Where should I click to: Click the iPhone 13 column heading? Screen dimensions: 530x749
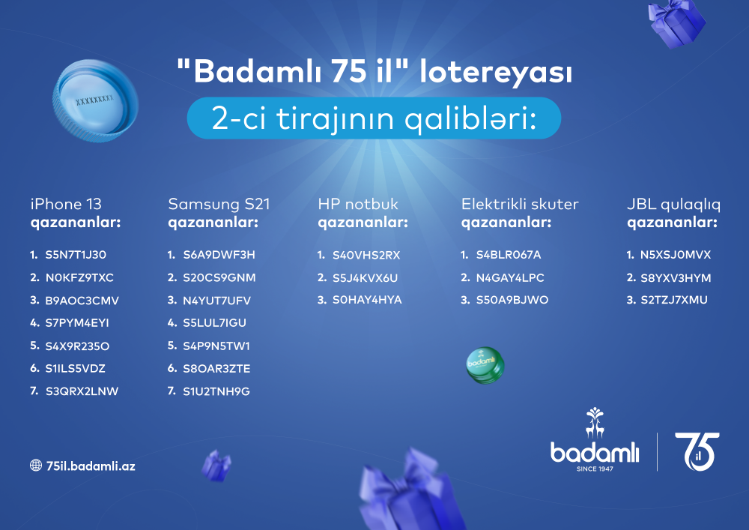[66, 204]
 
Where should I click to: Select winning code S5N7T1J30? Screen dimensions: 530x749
[76, 255]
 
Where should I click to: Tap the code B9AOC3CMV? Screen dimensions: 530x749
[82, 301]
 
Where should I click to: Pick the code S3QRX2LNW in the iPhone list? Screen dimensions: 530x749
[82, 391]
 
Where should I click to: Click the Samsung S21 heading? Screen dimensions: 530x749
[219, 204]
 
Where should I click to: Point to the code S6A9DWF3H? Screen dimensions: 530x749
[219, 255]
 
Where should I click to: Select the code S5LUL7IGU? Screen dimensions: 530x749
[214, 323]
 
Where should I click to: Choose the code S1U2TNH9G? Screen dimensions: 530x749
[216, 391]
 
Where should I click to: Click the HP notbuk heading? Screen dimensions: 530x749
[358, 204]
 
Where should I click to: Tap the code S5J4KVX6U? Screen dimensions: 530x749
[366, 277]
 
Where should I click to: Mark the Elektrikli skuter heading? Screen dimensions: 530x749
[520, 204]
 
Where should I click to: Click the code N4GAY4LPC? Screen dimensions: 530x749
[510, 277]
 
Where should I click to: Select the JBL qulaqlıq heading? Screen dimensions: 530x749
[672, 204]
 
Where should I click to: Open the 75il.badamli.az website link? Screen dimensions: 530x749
[90, 466]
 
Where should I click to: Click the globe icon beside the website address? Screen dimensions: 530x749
[35, 466]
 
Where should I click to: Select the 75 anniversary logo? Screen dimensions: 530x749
[696, 451]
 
